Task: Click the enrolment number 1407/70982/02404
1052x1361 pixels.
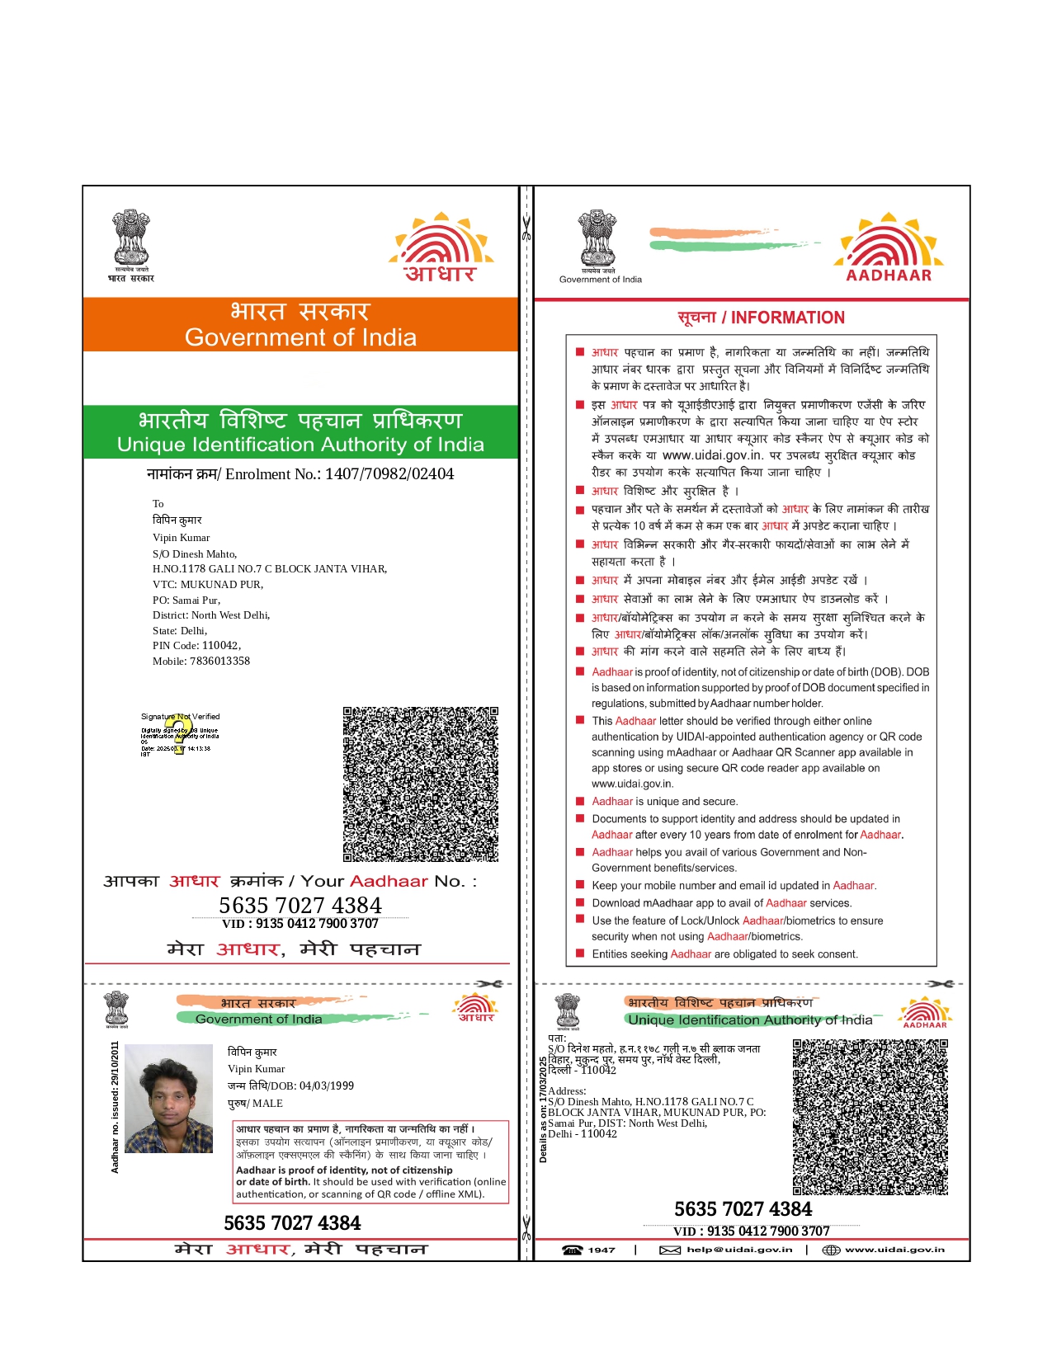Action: [389, 474]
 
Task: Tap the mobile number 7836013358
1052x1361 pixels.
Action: [219, 662]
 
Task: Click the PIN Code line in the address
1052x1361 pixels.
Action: [196, 646]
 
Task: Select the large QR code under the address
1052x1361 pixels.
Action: [421, 784]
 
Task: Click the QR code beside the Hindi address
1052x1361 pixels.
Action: [870, 1117]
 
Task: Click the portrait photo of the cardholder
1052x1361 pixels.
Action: [168, 1099]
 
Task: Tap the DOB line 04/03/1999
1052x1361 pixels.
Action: [290, 1086]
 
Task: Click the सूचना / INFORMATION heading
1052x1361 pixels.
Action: [761, 318]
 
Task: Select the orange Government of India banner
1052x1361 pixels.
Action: [300, 325]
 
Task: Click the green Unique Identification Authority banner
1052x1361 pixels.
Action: [300, 432]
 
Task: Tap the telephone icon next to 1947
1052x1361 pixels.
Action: [572, 1250]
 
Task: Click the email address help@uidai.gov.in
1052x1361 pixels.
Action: [738, 1250]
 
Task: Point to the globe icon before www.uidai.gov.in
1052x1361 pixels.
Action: [831, 1250]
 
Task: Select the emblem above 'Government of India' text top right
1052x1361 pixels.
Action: [597, 238]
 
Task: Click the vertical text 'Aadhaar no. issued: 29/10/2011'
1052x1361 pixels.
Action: [115, 1107]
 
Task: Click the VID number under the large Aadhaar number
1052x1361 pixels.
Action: [300, 924]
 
